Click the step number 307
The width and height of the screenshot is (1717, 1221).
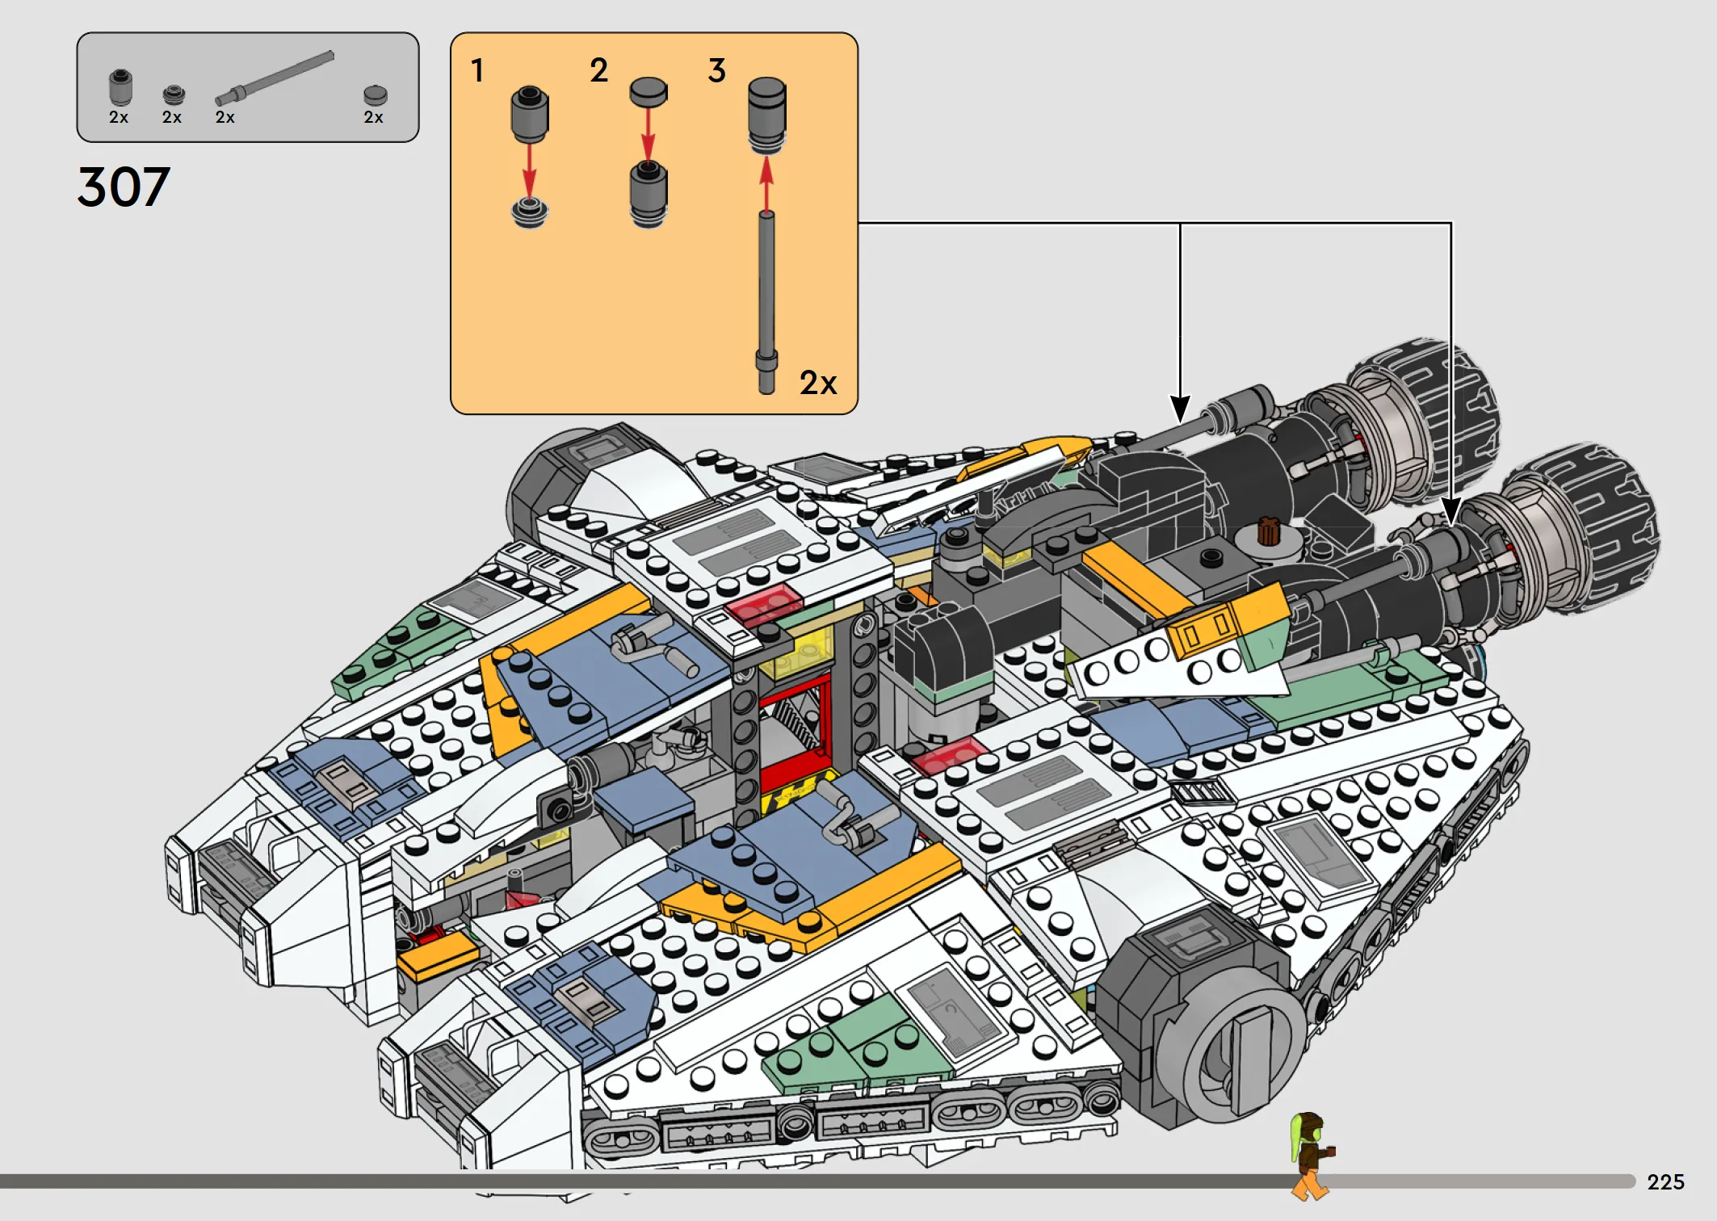(124, 187)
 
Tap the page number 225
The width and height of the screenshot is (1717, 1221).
(1665, 1182)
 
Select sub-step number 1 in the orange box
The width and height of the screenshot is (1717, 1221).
(478, 70)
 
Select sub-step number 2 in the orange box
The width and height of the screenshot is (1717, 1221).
(598, 70)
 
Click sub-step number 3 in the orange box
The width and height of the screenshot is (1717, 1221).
(717, 70)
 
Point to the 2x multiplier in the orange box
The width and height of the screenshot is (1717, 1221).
(818, 383)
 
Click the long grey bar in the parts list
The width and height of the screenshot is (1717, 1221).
(275, 78)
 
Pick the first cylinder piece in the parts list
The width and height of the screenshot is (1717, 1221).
(120, 87)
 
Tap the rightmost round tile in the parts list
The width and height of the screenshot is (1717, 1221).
(375, 95)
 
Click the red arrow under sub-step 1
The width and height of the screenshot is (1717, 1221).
(529, 170)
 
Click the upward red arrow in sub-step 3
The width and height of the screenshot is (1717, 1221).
(766, 183)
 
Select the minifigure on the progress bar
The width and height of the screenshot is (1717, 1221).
(1310, 1155)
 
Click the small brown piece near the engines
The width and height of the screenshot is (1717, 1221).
(1268, 531)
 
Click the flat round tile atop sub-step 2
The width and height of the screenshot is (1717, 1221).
(649, 91)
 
